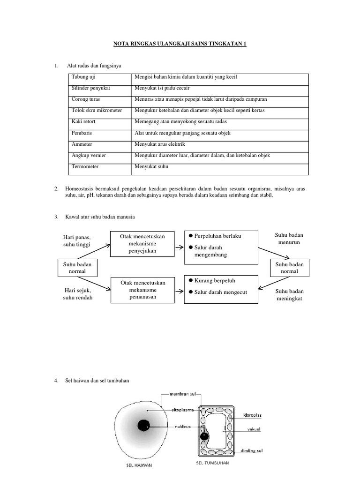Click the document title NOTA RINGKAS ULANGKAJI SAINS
180,44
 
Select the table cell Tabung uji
82,77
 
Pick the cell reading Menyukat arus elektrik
160,144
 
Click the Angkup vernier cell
88,156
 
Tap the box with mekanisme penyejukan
140,243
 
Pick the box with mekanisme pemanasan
140,290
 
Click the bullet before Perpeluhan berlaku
191,235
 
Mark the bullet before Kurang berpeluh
191,280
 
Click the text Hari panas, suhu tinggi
77,241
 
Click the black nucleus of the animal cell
143,426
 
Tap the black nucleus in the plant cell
204,436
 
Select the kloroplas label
253,415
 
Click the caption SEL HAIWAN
140,465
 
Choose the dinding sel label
252,451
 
